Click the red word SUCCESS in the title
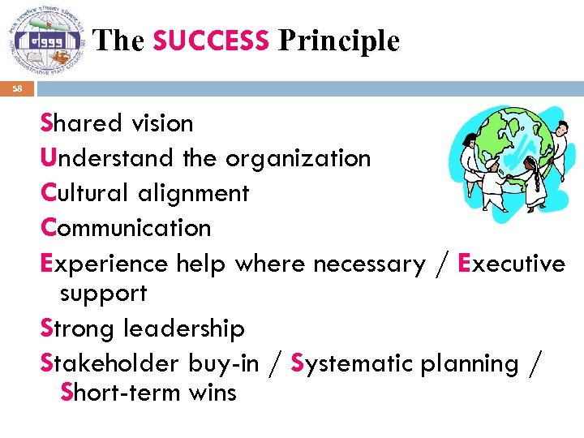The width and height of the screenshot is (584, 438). [x=210, y=41]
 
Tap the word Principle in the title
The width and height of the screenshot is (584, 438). [x=338, y=41]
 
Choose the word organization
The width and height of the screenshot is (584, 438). [x=298, y=158]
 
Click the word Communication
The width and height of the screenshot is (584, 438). [x=126, y=228]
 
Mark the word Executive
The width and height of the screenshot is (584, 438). [x=512, y=264]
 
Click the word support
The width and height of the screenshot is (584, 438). [x=103, y=294]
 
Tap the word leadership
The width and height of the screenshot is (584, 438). [x=183, y=328]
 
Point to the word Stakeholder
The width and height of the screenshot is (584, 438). [x=110, y=363]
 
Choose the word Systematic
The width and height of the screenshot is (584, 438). [x=351, y=363]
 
